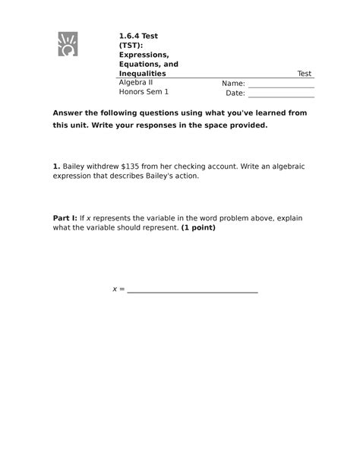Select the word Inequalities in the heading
142,74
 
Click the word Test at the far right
304,74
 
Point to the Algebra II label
136,83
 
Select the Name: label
233,84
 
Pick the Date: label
235,94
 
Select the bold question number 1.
55,164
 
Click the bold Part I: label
65,218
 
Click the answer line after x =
192,291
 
